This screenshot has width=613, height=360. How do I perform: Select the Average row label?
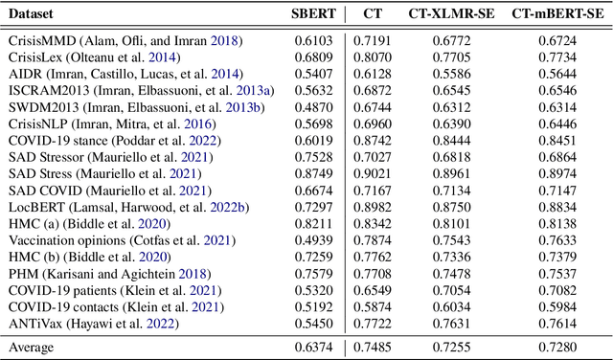click(x=34, y=347)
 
